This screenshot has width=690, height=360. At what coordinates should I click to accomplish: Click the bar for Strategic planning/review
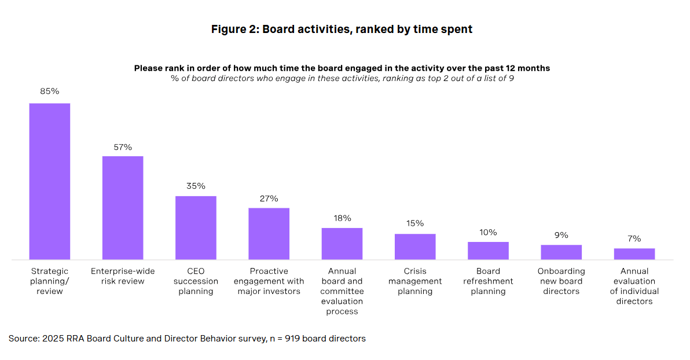point(50,181)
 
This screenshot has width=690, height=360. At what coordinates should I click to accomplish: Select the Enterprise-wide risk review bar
point(123,207)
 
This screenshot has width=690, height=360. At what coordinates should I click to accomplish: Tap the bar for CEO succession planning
point(196,227)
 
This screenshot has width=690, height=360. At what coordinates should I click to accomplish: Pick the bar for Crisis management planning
point(415,247)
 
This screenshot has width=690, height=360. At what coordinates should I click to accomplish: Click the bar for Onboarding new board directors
point(561,252)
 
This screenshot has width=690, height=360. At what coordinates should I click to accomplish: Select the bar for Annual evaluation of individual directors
point(634,254)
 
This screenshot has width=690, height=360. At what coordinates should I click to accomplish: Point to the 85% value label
point(50,91)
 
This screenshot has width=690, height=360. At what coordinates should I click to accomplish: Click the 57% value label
point(123,147)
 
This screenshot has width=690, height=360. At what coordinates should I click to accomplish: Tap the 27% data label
point(269,199)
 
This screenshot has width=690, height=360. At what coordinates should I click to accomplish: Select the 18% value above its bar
point(342,218)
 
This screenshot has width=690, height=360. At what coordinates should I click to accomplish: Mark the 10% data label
point(488,232)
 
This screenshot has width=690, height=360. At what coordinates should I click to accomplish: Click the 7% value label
point(634,238)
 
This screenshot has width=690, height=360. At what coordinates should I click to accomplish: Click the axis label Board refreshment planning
point(488,281)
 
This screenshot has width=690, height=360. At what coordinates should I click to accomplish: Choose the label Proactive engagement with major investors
point(269,281)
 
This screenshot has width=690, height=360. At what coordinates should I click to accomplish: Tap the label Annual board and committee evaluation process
point(342,291)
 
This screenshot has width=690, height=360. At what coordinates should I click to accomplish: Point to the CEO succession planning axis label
point(196,281)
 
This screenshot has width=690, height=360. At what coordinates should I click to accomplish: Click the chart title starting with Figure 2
point(342,30)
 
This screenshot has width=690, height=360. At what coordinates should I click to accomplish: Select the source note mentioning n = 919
point(187,339)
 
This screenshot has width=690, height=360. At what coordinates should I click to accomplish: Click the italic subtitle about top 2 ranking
point(342,79)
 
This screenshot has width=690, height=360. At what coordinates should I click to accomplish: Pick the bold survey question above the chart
point(342,68)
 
